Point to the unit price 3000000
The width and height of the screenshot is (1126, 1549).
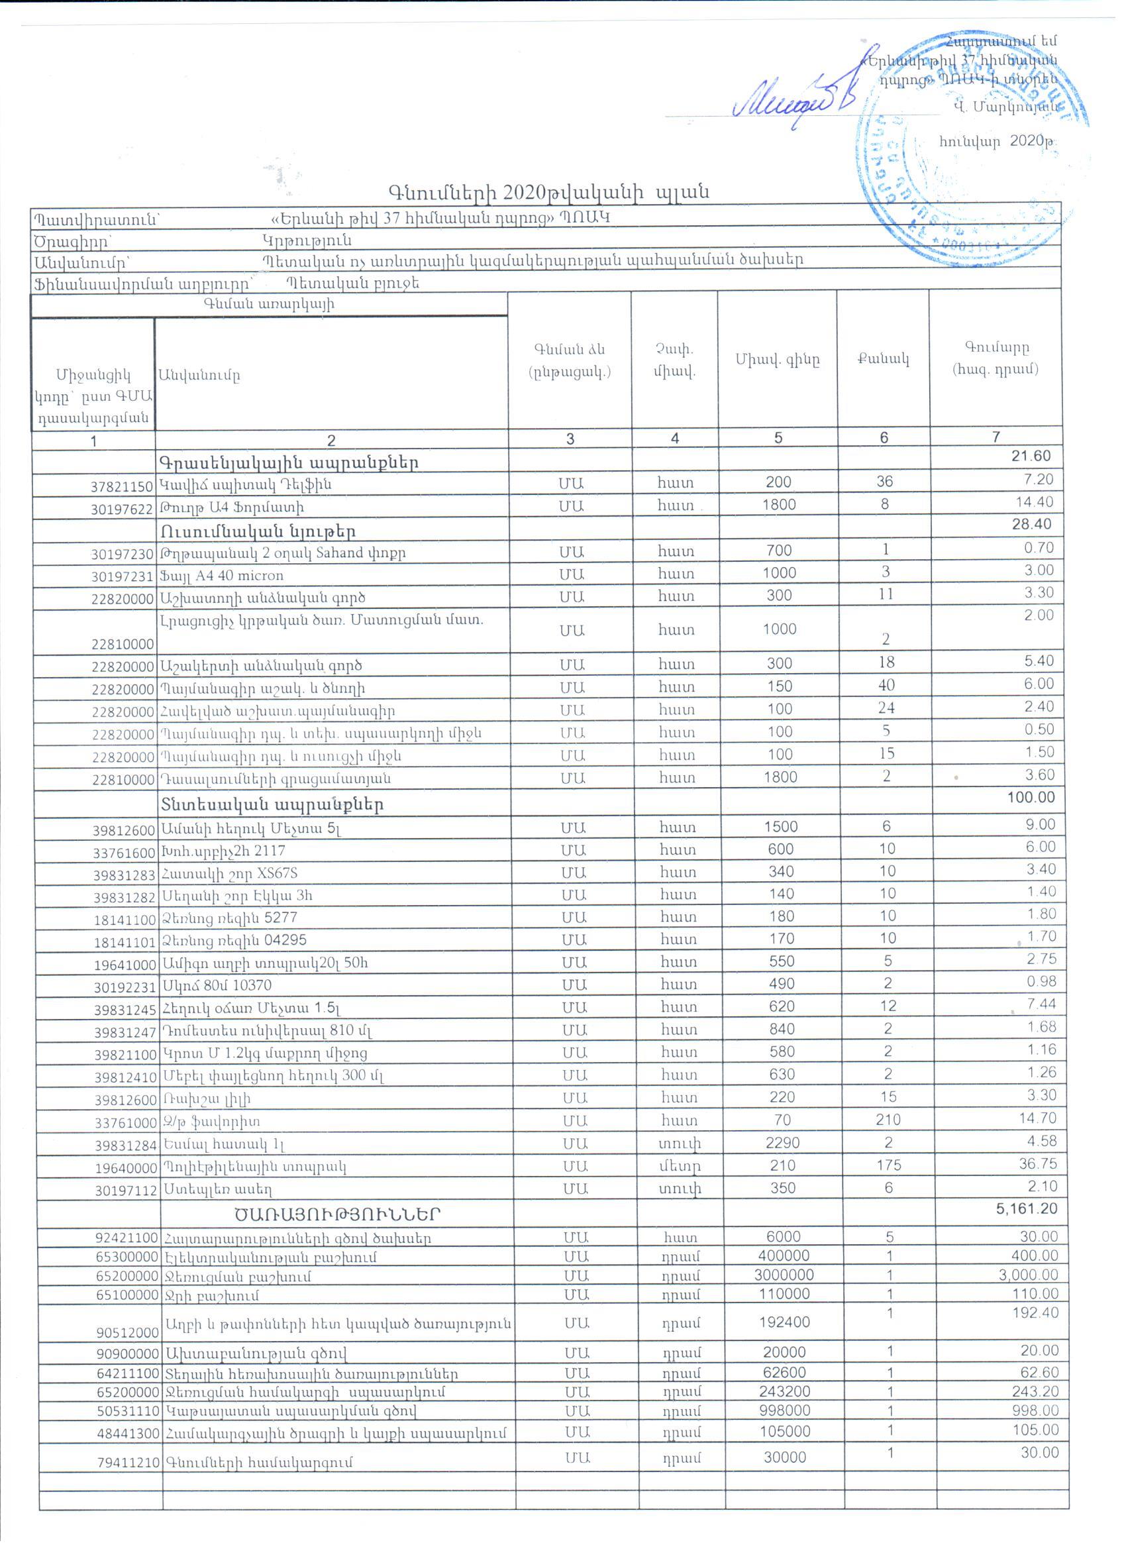783,1275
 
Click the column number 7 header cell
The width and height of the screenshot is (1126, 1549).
996,437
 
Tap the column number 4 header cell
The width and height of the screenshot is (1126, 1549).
674,439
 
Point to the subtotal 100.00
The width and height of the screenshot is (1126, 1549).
1031,797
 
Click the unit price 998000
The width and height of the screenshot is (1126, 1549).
785,1411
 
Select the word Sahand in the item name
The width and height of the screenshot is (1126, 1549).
339,552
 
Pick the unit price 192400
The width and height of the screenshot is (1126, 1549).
784,1322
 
